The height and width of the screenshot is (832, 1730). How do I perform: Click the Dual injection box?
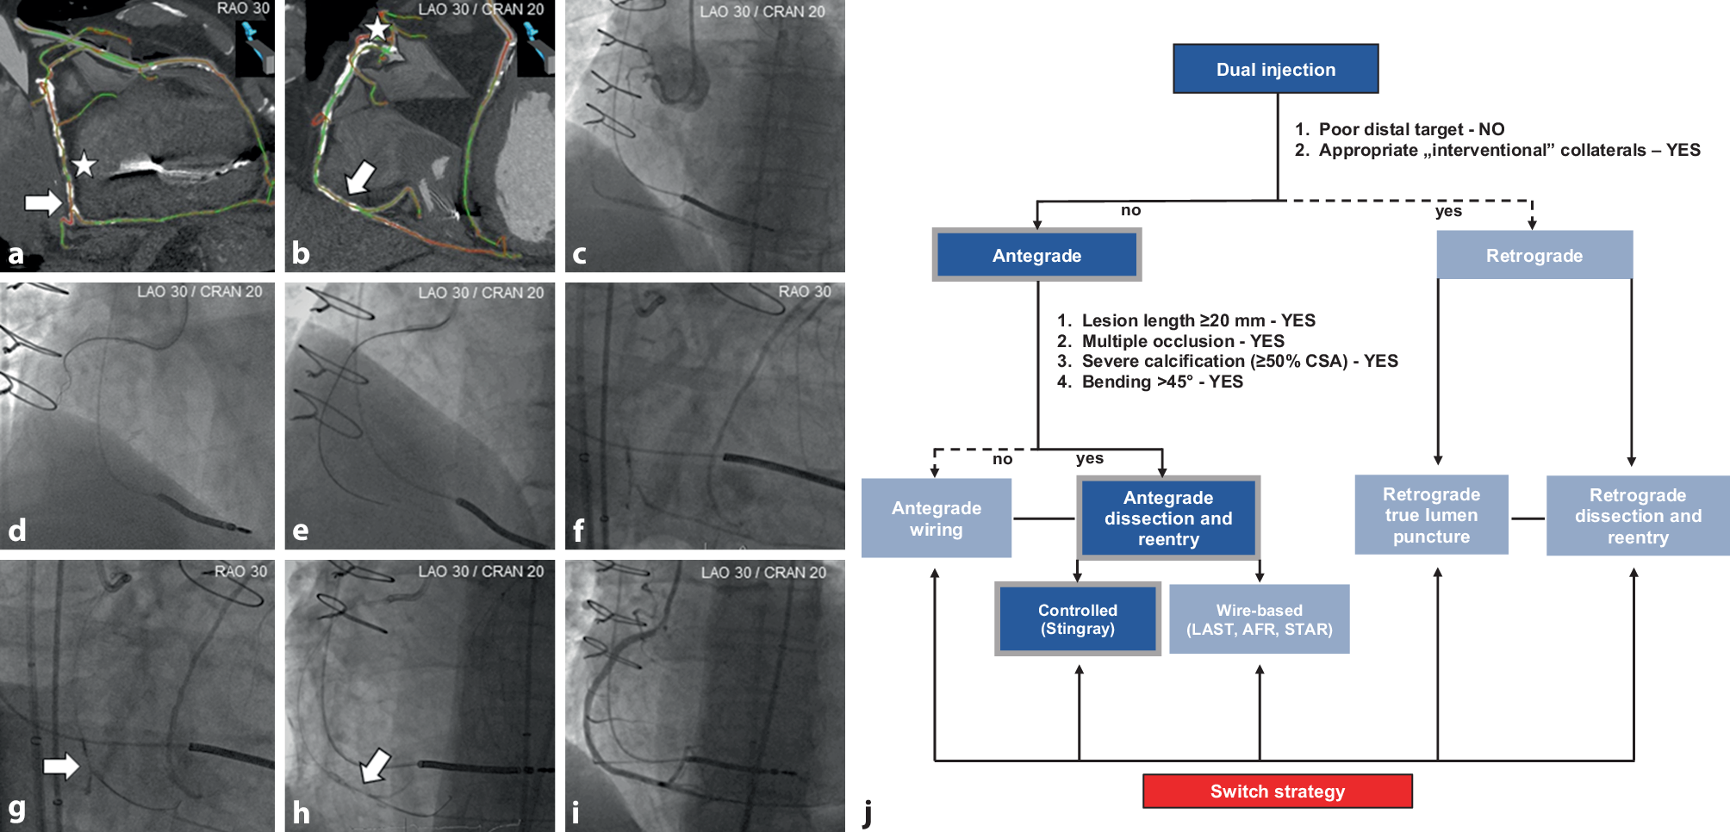pyautogui.click(x=1275, y=69)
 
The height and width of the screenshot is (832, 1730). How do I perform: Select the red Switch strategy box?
pyautogui.click(x=1277, y=791)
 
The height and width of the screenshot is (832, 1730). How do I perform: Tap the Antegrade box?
pyautogui.click(x=1036, y=255)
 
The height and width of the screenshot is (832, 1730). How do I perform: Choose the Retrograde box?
pyautogui.click(x=1534, y=255)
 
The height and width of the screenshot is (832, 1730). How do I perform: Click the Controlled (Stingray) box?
pyautogui.click(x=1077, y=619)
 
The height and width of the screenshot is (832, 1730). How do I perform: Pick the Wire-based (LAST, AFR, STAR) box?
pyautogui.click(x=1259, y=619)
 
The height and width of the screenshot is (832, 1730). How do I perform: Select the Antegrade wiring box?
pyautogui.click(x=936, y=518)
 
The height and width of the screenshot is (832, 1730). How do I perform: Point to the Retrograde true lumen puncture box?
pyautogui.click(x=1431, y=515)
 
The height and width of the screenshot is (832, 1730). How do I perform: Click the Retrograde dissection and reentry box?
pyautogui.click(x=1637, y=516)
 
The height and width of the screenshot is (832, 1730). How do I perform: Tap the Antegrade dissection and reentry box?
pyautogui.click(x=1167, y=518)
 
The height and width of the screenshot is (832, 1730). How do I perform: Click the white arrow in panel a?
pyautogui.click(x=43, y=202)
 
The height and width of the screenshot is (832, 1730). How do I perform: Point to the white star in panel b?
pyautogui.click(x=377, y=28)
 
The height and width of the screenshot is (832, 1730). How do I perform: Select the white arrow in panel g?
pyautogui.click(x=61, y=765)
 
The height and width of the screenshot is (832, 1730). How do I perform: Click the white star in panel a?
pyautogui.click(x=84, y=164)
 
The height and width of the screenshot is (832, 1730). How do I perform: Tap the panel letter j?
pyautogui.click(x=868, y=811)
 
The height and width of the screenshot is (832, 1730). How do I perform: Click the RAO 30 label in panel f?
pyautogui.click(x=805, y=292)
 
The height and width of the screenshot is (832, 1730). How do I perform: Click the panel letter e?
pyautogui.click(x=301, y=531)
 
